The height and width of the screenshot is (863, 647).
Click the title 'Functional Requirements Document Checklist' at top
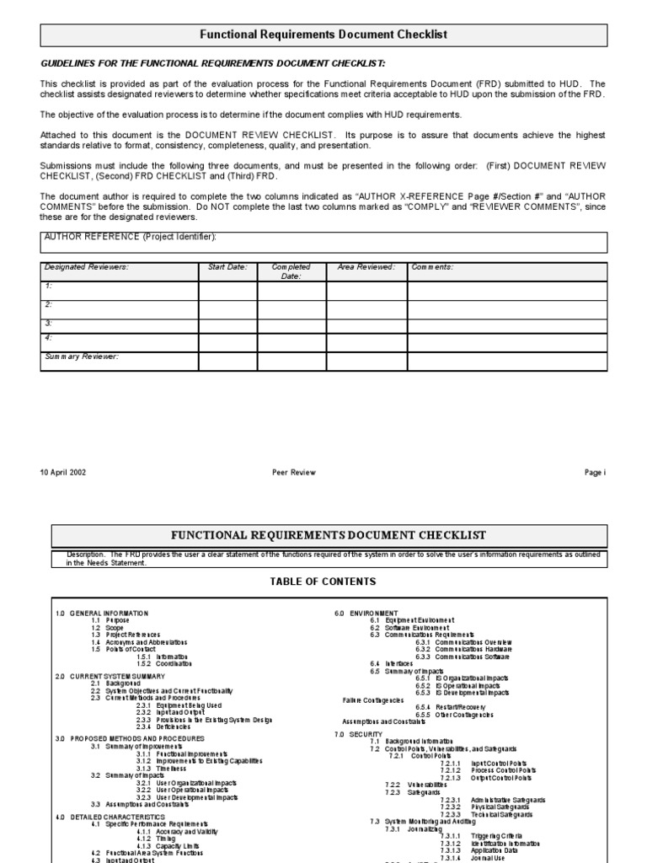tap(323, 35)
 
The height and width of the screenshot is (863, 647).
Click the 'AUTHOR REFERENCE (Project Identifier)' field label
tap(136, 237)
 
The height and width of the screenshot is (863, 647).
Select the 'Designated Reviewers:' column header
tap(87, 267)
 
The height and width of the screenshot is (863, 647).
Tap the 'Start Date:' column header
tap(227, 267)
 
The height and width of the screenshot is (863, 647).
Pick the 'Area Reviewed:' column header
tap(366, 267)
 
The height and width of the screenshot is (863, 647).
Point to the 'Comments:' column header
tap(432, 267)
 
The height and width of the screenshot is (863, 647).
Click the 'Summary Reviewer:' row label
tap(82, 356)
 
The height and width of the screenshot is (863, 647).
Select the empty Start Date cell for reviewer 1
tap(227, 291)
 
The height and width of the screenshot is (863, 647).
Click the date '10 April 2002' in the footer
tap(62, 473)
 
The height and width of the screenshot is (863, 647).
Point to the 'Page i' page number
tap(595, 473)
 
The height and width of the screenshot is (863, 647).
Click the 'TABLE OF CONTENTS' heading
tap(323, 582)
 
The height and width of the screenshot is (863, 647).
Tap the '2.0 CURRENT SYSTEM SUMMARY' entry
tap(110, 676)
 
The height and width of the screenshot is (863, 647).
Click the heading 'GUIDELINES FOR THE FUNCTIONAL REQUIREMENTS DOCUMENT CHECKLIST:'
tap(202, 63)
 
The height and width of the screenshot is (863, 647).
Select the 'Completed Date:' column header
tap(291, 271)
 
